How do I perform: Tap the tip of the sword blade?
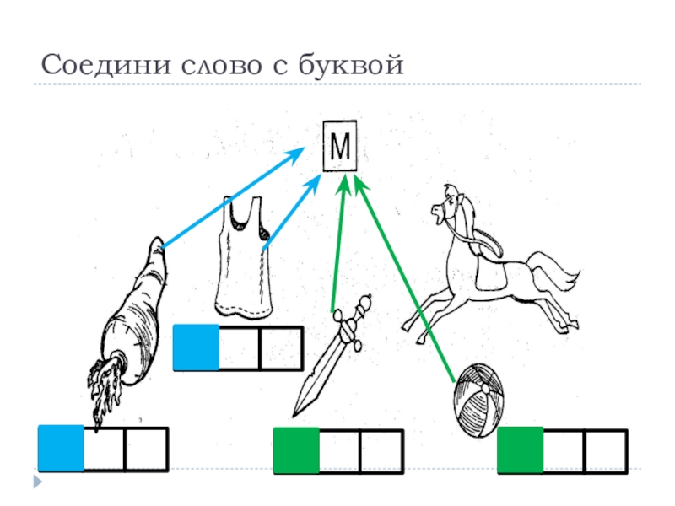click(294, 414)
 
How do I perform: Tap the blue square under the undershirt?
click(196, 348)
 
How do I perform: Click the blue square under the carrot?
click(62, 449)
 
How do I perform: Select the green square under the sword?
click(296, 449)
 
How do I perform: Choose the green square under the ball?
click(520, 449)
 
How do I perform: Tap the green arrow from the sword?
click(339, 245)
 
